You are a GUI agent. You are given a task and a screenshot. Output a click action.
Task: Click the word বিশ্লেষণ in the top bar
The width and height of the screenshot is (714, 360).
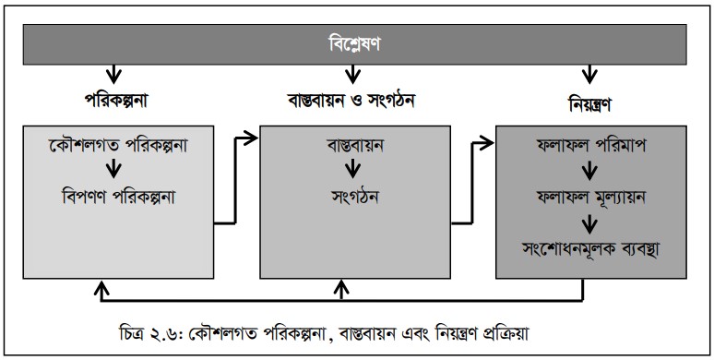(x=354, y=44)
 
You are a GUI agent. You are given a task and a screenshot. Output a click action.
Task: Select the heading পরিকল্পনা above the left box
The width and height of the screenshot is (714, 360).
(x=116, y=101)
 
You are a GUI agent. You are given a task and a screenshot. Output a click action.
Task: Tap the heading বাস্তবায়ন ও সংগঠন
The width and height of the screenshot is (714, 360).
(x=351, y=101)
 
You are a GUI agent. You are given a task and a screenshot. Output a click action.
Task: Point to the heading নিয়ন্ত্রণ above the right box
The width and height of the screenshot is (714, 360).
(x=589, y=104)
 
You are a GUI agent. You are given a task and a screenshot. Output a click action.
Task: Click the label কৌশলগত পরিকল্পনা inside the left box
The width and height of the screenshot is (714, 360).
(x=118, y=145)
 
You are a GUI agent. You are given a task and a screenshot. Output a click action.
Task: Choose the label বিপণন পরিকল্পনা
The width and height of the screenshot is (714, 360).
(x=118, y=197)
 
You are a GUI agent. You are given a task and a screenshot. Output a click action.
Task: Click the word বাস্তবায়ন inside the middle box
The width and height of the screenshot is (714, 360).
(x=355, y=145)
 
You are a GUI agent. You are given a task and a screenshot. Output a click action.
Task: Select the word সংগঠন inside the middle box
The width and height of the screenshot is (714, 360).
(x=355, y=197)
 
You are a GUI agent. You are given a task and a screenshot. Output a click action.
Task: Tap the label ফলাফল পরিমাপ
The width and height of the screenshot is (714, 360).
(x=591, y=145)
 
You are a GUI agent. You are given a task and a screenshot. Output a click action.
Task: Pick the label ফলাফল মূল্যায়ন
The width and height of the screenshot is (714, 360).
(x=591, y=197)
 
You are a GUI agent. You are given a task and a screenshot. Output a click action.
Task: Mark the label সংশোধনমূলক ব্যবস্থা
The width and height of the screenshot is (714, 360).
(x=591, y=249)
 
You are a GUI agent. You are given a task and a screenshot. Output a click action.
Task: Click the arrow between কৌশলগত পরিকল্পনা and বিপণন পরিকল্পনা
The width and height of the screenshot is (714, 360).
(x=113, y=170)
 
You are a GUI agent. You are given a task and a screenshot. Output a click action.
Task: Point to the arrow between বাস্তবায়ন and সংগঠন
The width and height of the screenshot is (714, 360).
(x=352, y=170)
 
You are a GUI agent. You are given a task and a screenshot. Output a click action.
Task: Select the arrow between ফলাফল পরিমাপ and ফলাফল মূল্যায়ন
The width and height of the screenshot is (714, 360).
(x=589, y=171)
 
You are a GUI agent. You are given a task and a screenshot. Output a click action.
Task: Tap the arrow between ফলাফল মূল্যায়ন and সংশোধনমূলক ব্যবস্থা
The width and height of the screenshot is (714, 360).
(x=589, y=223)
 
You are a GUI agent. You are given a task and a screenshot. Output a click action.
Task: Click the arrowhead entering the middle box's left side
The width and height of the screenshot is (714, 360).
(x=252, y=138)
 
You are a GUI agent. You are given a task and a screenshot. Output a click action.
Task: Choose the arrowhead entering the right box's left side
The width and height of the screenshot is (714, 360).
(x=488, y=144)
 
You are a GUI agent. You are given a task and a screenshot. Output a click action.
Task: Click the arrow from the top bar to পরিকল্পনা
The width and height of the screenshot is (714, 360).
(x=113, y=72)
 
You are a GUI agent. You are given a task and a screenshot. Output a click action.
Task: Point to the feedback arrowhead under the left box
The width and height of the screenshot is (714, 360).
(x=102, y=287)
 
